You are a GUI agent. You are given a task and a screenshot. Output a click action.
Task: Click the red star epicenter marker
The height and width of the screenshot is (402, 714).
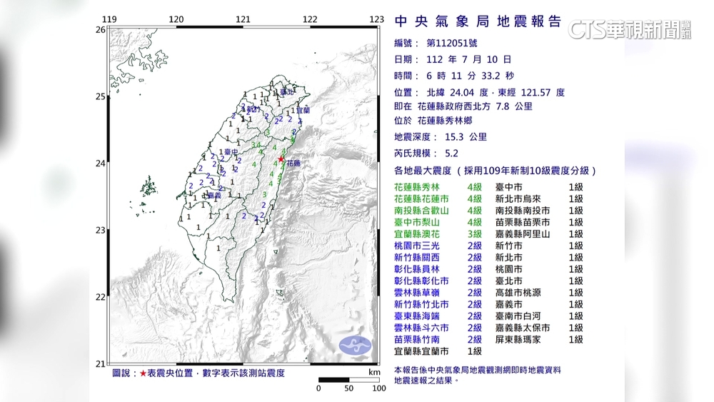click(x=281, y=159)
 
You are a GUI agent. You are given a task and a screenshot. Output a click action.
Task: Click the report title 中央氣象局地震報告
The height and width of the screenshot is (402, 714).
click(x=478, y=21)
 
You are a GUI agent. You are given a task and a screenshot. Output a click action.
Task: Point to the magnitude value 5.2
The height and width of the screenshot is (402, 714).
click(x=452, y=153)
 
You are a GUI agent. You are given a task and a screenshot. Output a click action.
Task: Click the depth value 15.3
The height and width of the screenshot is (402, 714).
click(x=458, y=136)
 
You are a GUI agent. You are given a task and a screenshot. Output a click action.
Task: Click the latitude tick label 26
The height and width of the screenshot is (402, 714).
click(x=100, y=29)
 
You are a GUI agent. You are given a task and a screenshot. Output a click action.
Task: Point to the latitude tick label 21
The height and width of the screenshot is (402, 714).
click(x=100, y=363)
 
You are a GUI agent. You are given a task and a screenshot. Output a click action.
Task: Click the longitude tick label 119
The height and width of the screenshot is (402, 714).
click(x=109, y=19)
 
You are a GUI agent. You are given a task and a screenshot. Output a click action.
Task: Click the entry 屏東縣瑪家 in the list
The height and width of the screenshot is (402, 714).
click(x=523, y=340)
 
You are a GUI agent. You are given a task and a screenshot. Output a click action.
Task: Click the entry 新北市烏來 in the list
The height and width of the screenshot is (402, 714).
click(x=523, y=199)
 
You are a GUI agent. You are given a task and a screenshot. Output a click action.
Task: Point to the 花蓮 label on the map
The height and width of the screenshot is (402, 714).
click(x=293, y=164)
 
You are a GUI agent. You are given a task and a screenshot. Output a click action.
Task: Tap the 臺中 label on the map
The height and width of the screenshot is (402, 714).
click(x=231, y=152)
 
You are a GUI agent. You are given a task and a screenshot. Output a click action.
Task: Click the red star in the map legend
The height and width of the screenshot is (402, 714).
click(x=143, y=373)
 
